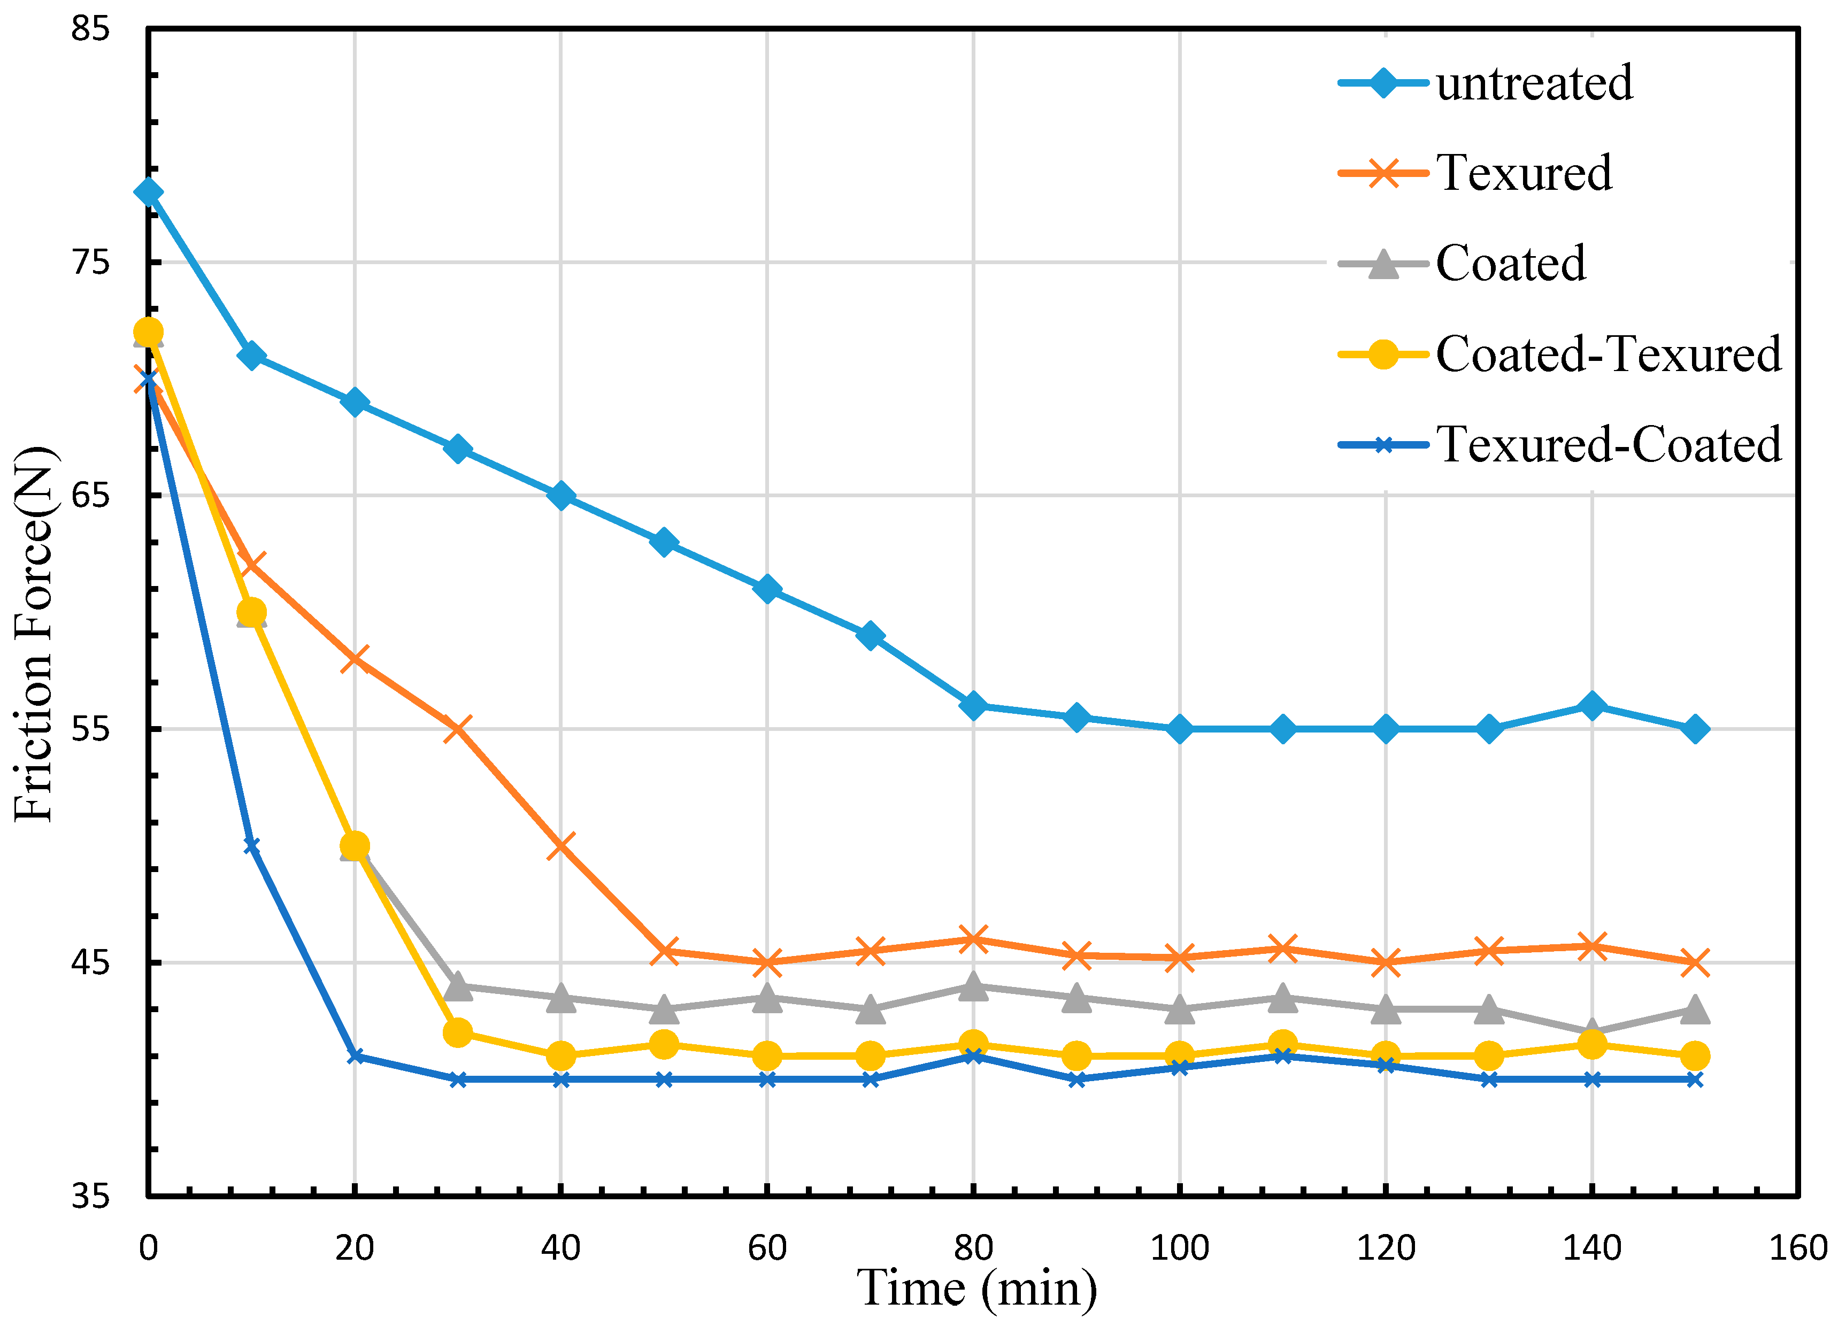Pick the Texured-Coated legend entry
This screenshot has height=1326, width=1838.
click(x=1608, y=444)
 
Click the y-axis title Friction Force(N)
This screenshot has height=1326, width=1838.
click(x=34, y=633)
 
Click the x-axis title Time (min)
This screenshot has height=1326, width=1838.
click(x=978, y=1288)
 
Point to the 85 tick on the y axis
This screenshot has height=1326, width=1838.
click(x=90, y=29)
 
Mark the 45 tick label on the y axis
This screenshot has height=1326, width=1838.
click(x=90, y=963)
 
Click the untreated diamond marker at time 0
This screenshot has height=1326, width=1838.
click(x=148, y=192)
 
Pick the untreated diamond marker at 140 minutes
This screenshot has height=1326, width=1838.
click(x=1591, y=706)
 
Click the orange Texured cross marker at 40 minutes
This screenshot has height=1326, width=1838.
click(x=561, y=845)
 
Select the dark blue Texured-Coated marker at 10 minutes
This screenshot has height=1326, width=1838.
click(x=251, y=845)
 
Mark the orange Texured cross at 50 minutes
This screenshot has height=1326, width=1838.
click(x=664, y=951)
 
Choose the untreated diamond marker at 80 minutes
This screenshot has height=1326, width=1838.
click(x=973, y=706)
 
